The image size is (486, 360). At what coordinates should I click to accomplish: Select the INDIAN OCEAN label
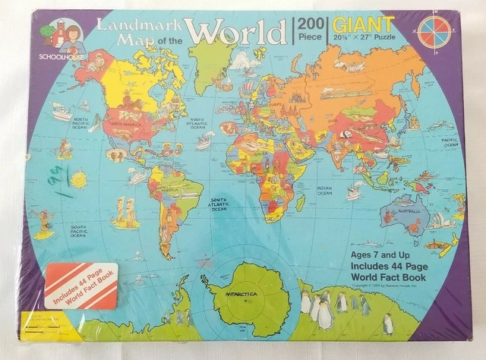pos(324,190)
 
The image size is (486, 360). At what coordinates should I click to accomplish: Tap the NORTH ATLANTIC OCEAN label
pos(197,121)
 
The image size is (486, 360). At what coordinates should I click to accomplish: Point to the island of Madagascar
pos(301,201)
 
